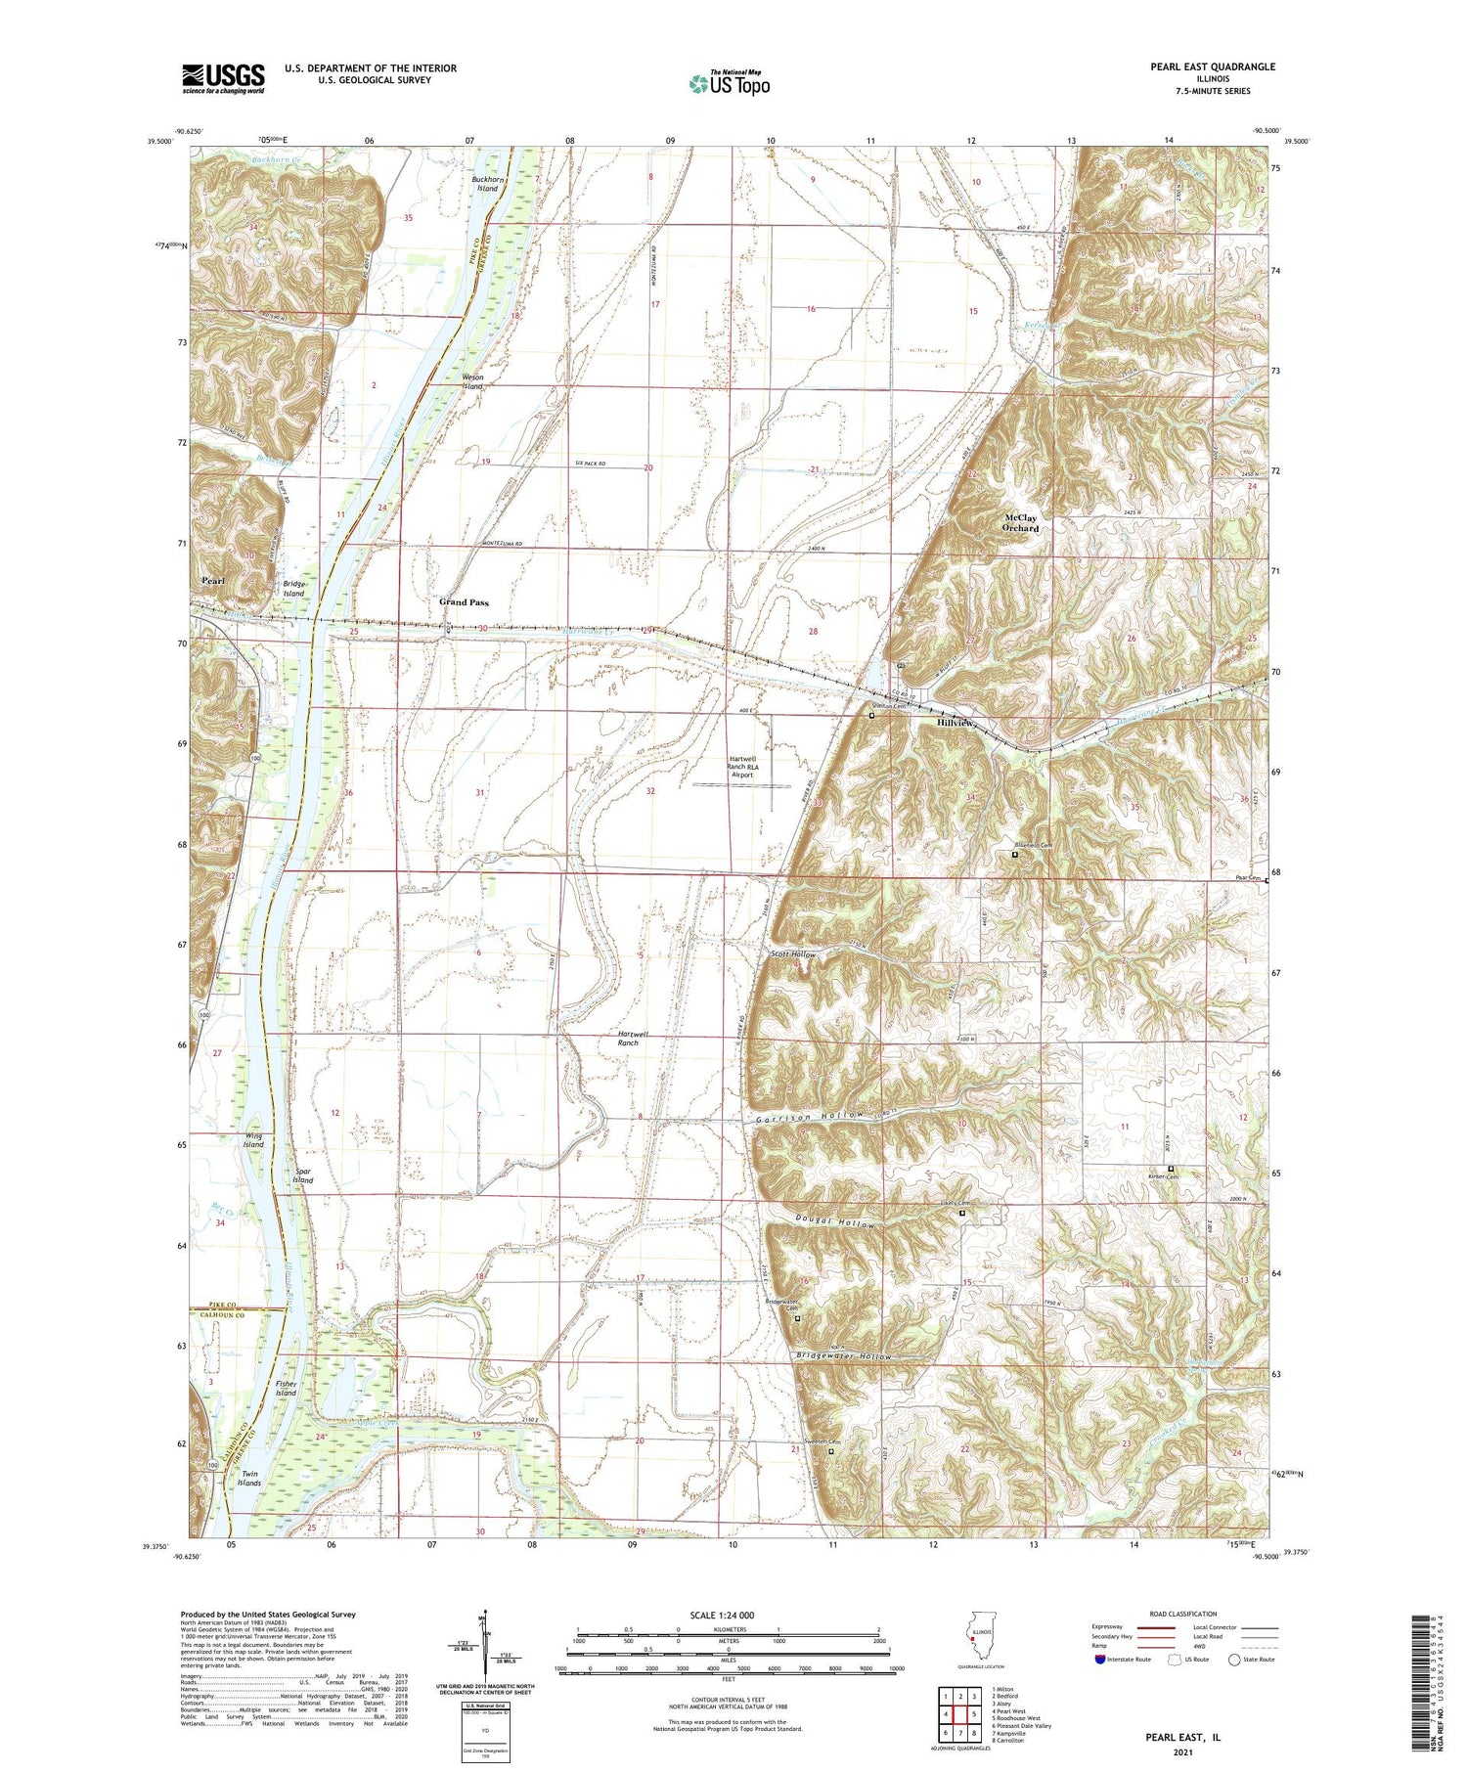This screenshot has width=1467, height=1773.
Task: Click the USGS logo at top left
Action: point(223,78)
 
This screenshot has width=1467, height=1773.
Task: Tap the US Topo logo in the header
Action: point(729,84)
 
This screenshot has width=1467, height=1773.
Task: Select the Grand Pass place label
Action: point(464,602)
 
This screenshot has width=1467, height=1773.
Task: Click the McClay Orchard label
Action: point(1021,522)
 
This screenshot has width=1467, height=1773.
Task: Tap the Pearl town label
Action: point(213,581)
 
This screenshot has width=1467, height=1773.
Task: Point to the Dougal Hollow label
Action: point(833,1223)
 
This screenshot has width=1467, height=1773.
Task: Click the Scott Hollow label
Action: point(792,954)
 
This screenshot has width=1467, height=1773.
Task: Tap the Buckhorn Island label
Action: point(486,184)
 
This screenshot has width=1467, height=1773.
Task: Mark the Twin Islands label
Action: point(249,1479)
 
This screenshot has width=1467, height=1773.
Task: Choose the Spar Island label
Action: point(303,1175)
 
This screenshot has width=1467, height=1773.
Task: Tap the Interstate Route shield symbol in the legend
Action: point(1100,1659)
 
